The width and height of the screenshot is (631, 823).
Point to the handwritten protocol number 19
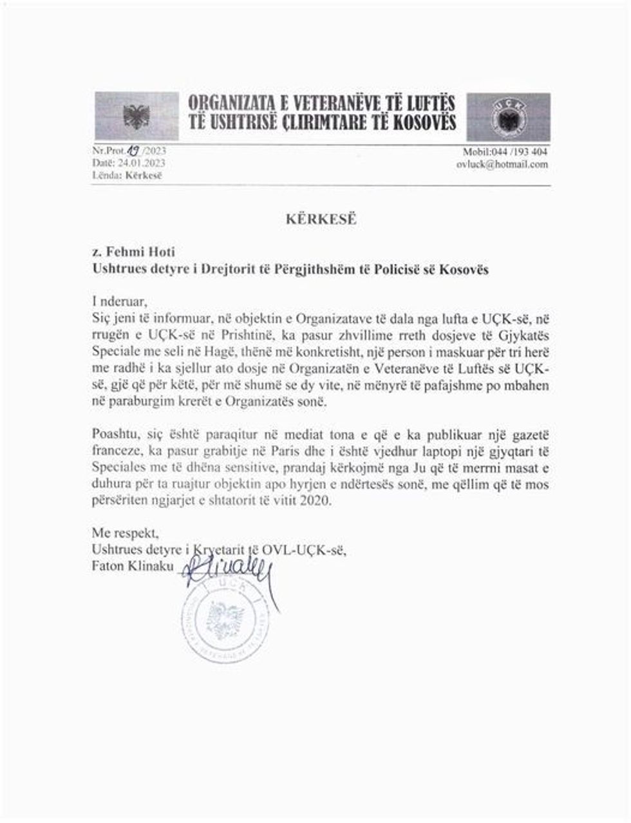click(x=134, y=151)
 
